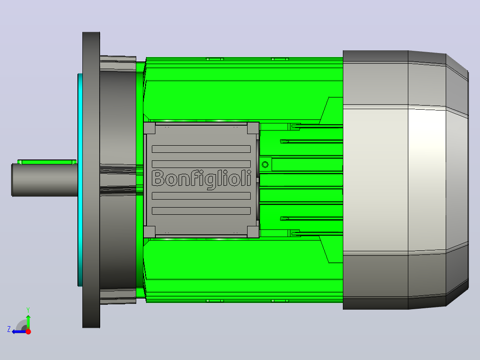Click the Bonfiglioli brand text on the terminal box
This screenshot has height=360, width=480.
point(201,179)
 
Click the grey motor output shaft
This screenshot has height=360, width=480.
point(45,180)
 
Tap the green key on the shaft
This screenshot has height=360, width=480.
point(47,162)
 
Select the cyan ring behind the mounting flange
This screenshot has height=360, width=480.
point(80,180)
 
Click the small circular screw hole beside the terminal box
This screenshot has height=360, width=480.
point(265,164)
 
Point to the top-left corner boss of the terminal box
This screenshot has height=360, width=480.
point(150,128)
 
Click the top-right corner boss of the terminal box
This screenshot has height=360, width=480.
point(253,128)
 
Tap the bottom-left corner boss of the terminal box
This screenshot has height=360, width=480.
point(150,232)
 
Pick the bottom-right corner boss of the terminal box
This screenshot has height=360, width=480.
point(253,232)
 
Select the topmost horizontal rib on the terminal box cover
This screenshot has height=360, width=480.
point(201,149)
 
